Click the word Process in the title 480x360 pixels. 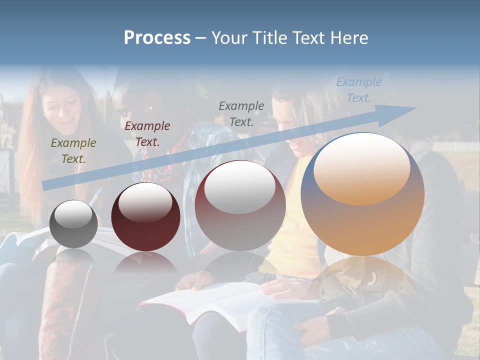[157, 38]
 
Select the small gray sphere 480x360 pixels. [74, 223]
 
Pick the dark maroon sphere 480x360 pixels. [145, 216]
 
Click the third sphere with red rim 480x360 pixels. [240, 205]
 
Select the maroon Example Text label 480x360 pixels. [147, 134]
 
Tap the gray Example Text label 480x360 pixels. [241, 113]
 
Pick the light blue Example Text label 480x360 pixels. [358, 90]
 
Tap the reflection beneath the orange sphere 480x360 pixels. [362, 280]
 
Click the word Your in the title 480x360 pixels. [230, 38]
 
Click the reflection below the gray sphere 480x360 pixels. [74, 257]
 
